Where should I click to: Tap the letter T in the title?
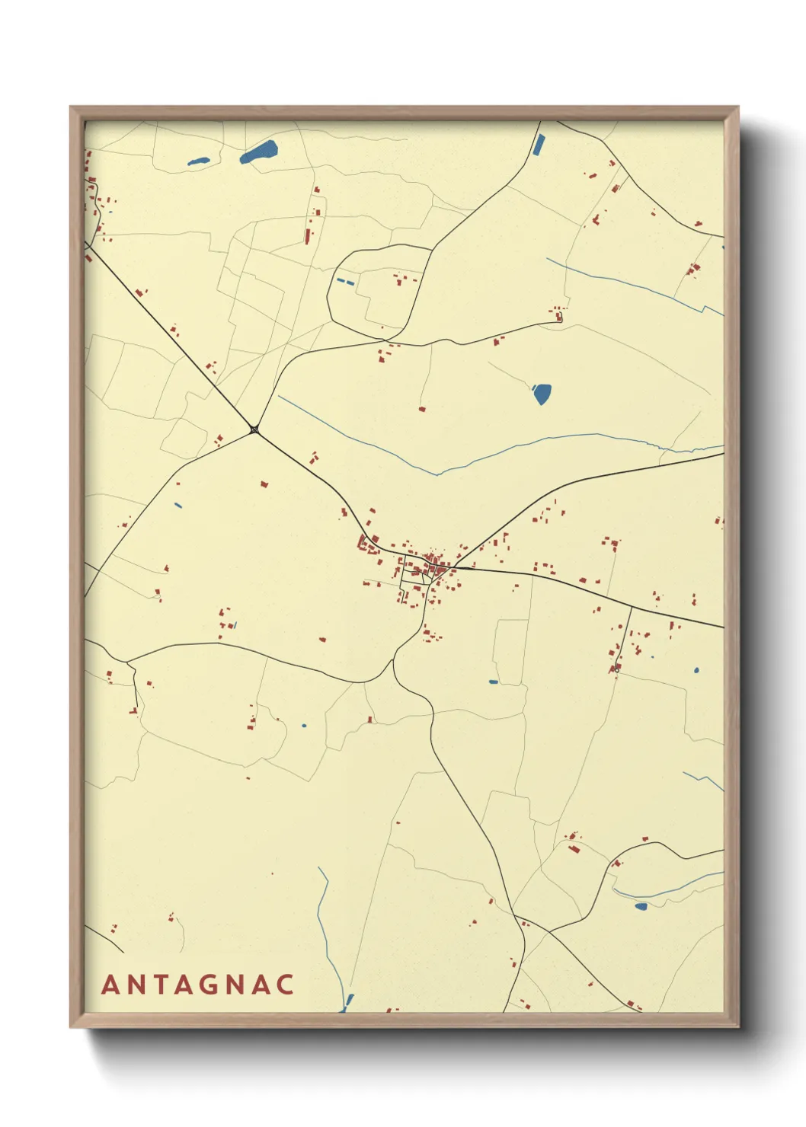161,984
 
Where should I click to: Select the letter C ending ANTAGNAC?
285,984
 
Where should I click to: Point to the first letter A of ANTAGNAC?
110,984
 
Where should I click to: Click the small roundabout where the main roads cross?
254,431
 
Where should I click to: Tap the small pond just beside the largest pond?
198,161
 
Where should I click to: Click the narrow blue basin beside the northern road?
539,144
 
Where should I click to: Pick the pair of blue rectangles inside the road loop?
345,282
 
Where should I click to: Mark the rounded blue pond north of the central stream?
542,394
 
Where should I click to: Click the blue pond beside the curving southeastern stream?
641,906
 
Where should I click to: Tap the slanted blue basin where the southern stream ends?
349,1001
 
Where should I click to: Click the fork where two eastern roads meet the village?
455,567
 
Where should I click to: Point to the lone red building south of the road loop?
421,409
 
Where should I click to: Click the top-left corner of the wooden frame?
71,107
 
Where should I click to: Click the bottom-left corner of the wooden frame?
71,1026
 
